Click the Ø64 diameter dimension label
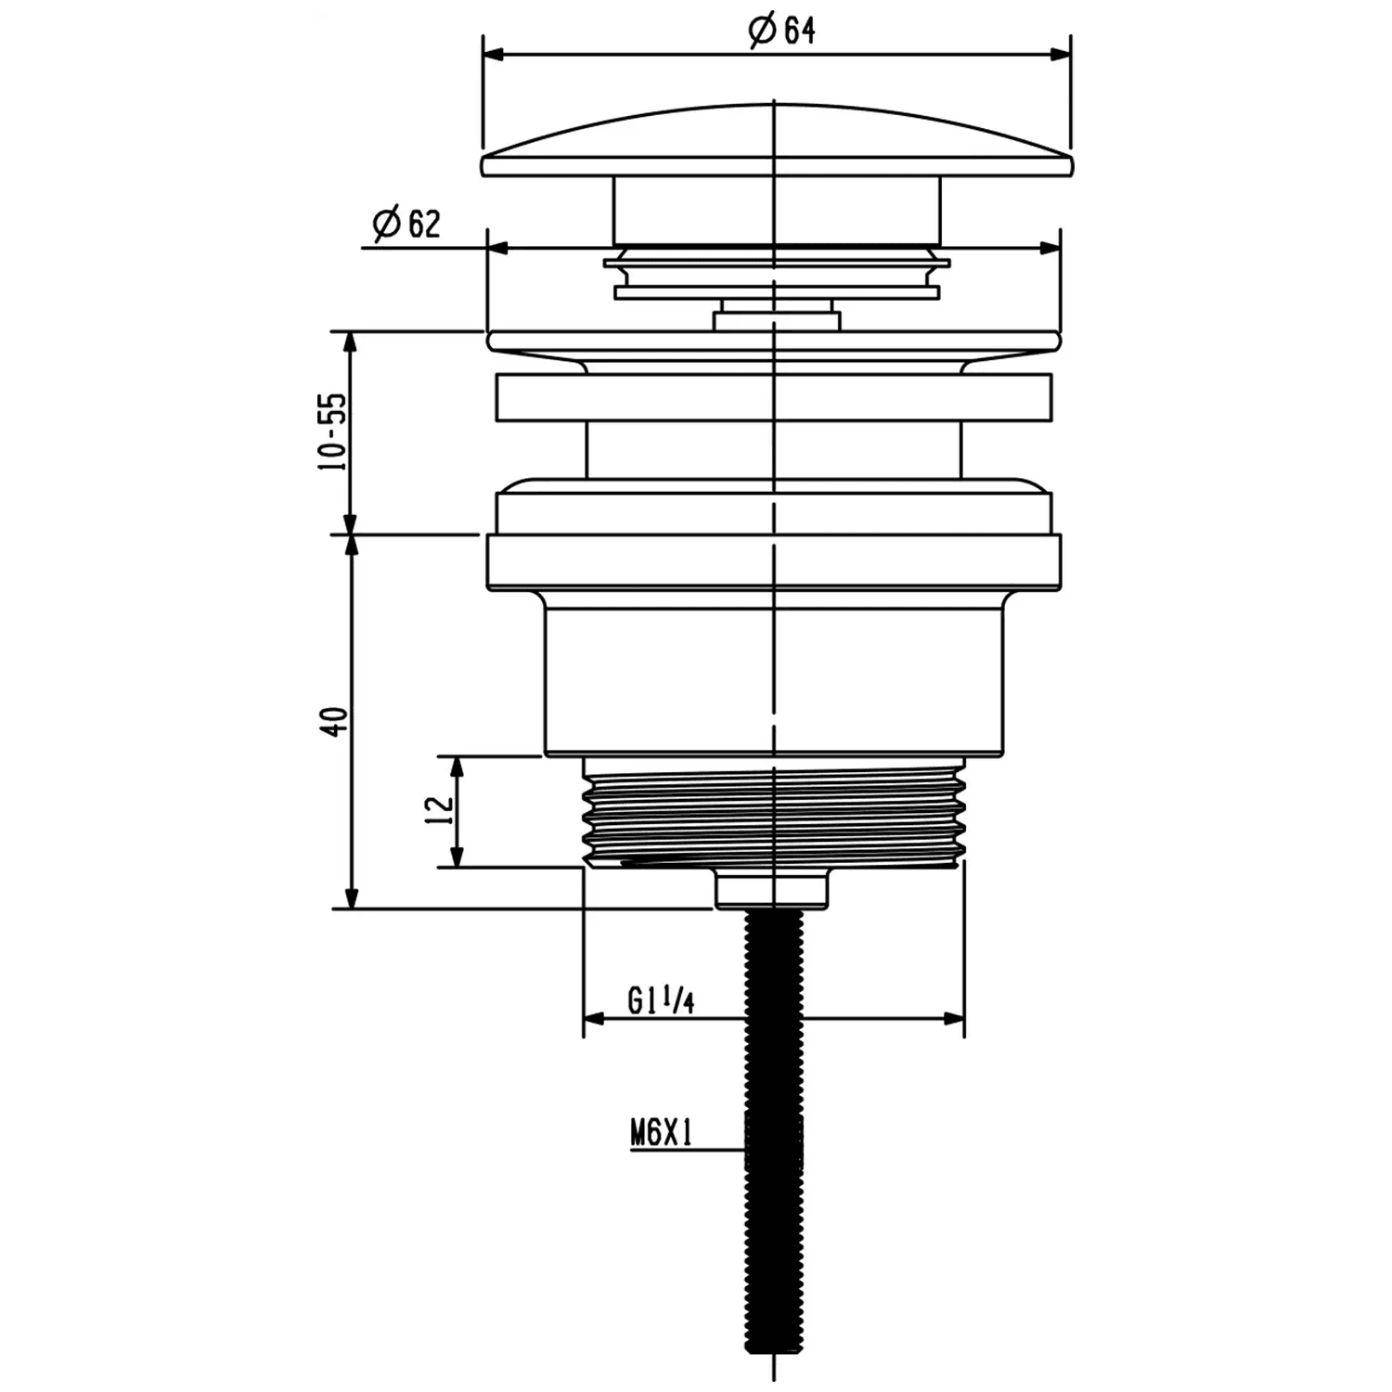tap(782, 31)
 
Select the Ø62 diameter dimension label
tap(406, 224)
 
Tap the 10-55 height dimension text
tap(332, 432)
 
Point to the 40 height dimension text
tap(335, 721)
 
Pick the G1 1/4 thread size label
tap(661, 1000)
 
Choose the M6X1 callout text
tap(662, 1133)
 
